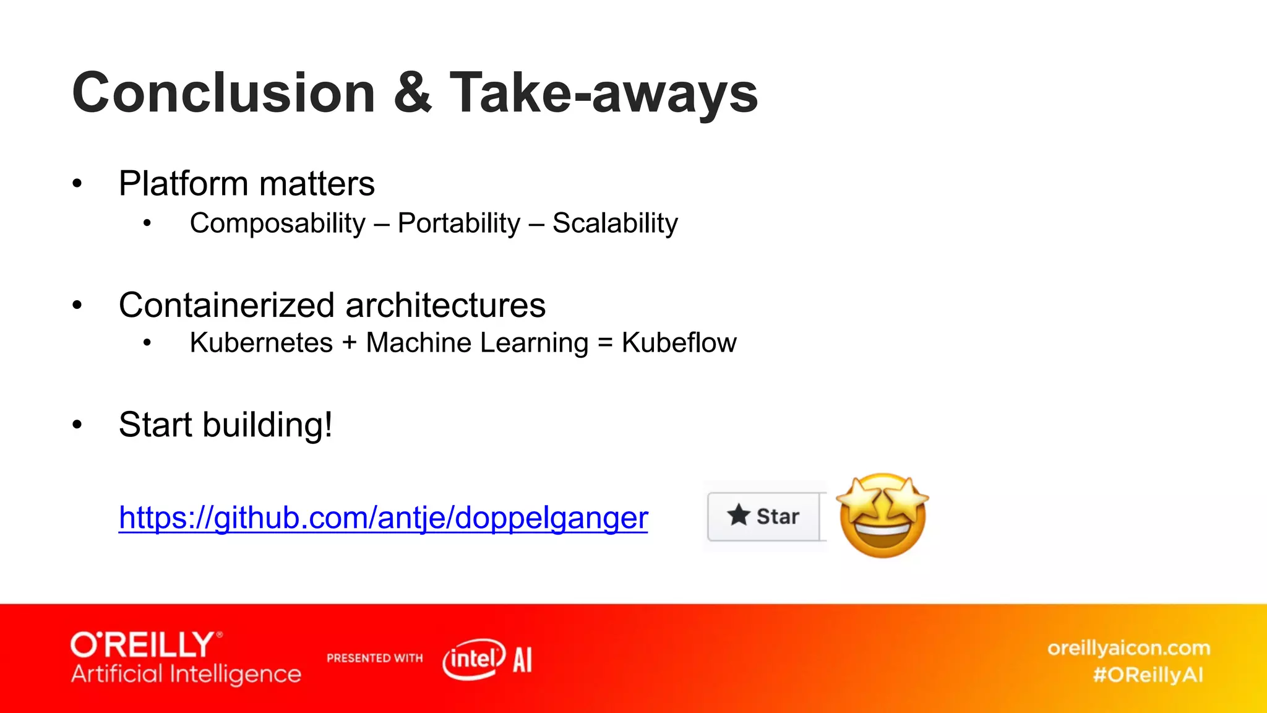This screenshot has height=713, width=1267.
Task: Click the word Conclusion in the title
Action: [x=223, y=93]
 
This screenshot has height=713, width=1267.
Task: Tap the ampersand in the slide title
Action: [x=412, y=93]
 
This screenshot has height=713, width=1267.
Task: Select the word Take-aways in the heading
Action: [x=603, y=94]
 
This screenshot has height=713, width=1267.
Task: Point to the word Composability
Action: [x=278, y=223]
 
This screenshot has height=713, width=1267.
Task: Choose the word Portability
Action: [x=459, y=223]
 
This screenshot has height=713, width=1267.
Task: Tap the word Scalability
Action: [x=615, y=223]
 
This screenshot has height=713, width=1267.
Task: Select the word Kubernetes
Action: [x=261, y=343]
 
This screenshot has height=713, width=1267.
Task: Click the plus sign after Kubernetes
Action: [x=350, y=343]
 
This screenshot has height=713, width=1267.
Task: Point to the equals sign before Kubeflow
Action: [x=605, y=343]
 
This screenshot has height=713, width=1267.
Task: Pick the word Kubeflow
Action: [x=679, y=343]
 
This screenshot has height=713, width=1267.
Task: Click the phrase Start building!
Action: [x=226, y=425]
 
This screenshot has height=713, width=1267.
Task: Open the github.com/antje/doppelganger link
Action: [x=383, y=517]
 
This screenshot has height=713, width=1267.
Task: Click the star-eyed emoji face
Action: [x=883, y=516]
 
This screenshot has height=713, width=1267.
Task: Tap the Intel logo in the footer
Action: [x=474, y=659]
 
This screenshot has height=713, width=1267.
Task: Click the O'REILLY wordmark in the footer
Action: [x=143, y=645]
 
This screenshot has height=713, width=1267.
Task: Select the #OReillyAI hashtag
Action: [x=1148, y=675]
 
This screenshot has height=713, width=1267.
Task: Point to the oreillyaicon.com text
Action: [x=1128, y=648]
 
